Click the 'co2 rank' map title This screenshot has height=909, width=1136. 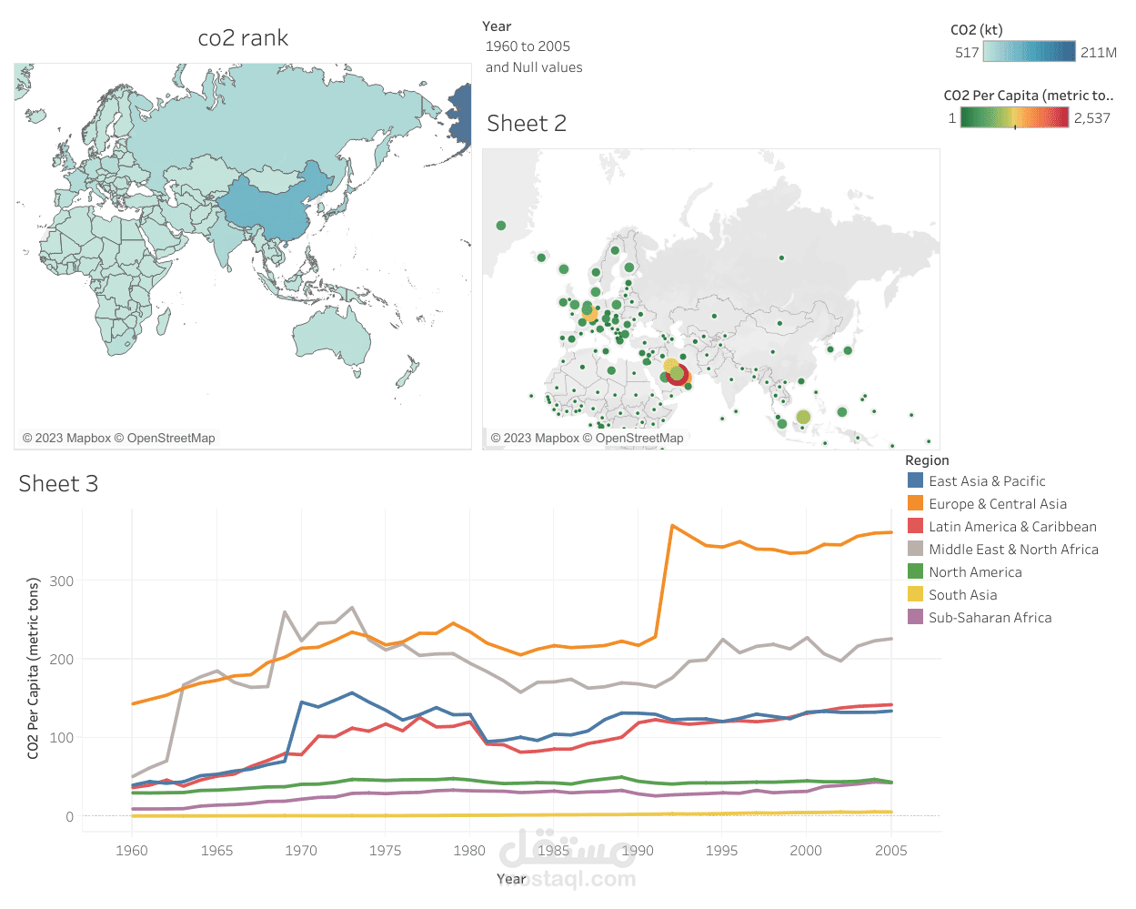(243, 38)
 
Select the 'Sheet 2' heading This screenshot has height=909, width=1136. (527, 124)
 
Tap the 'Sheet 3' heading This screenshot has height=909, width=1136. (58, 484)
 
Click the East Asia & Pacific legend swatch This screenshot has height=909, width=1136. (916, 480)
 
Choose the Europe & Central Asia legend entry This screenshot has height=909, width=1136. (997, 504)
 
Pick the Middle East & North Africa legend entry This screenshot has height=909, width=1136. (1012, 550)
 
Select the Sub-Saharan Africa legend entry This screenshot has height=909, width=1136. (990, 618)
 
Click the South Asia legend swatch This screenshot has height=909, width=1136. (916, 594)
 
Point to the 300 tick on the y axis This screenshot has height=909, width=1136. (62, 581)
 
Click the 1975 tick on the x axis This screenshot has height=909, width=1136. (386, 851)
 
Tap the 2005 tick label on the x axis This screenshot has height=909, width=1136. (890, 851)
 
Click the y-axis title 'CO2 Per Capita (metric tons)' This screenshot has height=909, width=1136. (34, 668)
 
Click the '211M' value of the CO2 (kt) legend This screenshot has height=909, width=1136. (1098, 53)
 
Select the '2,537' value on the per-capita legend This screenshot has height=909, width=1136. (1091, 118)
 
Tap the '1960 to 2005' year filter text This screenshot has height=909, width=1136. (528, 46)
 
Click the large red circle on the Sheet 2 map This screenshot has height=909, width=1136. (679, 375)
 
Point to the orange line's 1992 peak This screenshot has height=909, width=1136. (672, 526)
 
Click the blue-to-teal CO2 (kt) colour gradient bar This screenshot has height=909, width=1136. (1030, 52)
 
